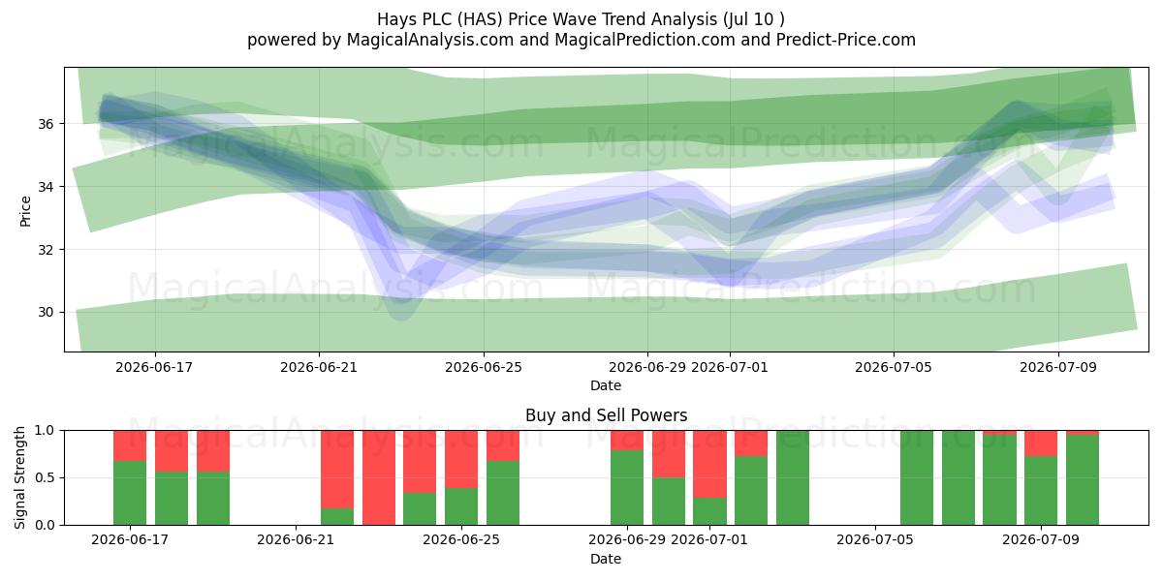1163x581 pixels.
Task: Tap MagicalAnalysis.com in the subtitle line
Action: point(430,40)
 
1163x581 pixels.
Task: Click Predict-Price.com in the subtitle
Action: point(846,40)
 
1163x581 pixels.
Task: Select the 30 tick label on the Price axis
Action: point(46,312)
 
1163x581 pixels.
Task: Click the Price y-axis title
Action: point(25,211)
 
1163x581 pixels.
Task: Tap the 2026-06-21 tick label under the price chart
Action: point(319,367)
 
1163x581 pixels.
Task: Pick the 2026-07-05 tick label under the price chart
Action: point(894,367)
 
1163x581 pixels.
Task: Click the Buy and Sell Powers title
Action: point(606,415)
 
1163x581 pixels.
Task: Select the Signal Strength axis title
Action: point(19,477)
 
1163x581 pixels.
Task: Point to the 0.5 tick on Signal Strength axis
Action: point(45,477)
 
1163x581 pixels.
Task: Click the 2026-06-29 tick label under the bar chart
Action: point(627,540)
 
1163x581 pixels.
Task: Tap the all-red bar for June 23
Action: point(379,477)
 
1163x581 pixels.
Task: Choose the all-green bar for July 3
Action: point(793,477)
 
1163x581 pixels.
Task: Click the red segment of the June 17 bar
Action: point(130,445)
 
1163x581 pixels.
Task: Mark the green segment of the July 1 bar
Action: point(709,511)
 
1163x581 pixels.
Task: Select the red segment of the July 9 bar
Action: point(1041,443)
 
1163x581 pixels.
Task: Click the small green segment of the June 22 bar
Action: point(337,517)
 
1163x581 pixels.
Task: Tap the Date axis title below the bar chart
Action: point(606,560)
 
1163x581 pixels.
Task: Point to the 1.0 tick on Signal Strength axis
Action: point(45,431)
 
